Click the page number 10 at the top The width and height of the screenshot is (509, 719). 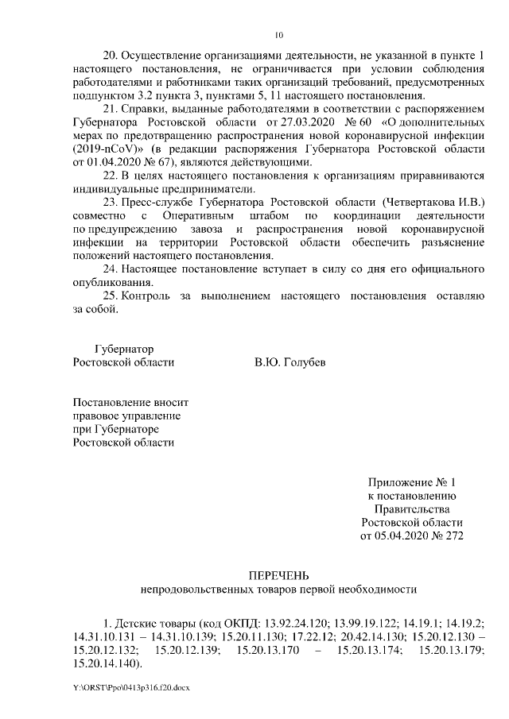click(278, 35)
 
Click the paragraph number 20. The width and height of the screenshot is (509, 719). click(112, 56)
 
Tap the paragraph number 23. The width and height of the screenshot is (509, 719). click(112, 203)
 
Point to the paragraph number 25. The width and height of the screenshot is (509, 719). click(112, 296)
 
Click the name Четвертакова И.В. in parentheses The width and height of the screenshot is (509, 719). click(433, 203)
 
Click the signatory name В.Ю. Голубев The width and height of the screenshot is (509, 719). click(289, 362)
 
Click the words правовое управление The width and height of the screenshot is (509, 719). click(126, 416)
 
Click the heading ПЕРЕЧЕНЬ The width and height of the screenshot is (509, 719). click(278, 576)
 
